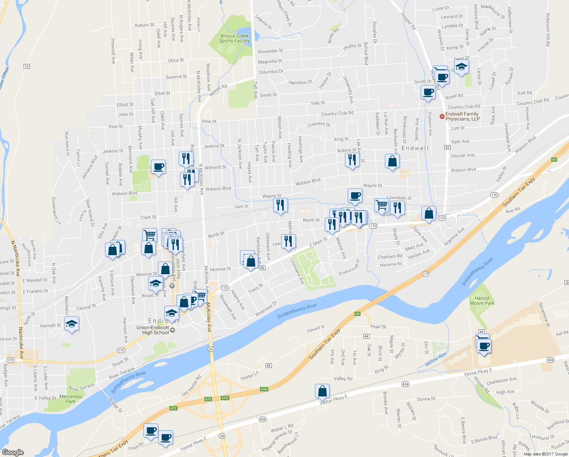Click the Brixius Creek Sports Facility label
234,38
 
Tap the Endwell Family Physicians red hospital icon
442,117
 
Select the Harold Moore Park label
482,301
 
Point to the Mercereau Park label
71,399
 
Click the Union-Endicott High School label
155,330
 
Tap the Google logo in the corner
13,452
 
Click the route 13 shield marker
26,66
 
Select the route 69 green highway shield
554,160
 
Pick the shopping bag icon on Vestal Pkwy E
322,391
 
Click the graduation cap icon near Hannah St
72,324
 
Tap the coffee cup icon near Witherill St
158,167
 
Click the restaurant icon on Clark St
280,205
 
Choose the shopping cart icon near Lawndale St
381,205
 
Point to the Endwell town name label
415,148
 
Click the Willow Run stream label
436,360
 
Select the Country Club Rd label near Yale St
337,113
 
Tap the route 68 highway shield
357,314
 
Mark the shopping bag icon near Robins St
392,161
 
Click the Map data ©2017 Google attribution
545,454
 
